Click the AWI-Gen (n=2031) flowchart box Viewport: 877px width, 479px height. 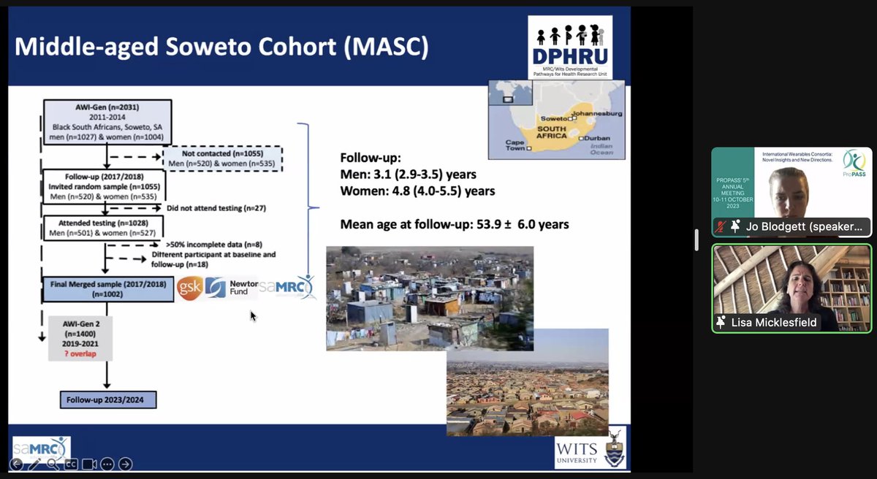pyautogui.click(x=107, y=121)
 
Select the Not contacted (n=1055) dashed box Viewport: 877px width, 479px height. pyautogui.click(x=222, y=158)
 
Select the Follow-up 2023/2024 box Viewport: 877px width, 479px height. pyautogui.click(x=108, y=399)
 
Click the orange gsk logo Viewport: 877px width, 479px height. pyautogui.click(x=188, y=288)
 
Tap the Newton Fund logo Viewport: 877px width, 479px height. pyautogui.click(x=232, y=288)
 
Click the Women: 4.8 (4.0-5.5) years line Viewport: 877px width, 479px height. pyautogui.click(x=417, y=191)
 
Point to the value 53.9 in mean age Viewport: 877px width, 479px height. pyautogui.click(x=500, y=224)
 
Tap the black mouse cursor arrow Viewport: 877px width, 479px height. pyautogui.click(x=253, y=315)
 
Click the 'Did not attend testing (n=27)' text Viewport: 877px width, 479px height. pyautogui.click(x=216, y=208)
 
